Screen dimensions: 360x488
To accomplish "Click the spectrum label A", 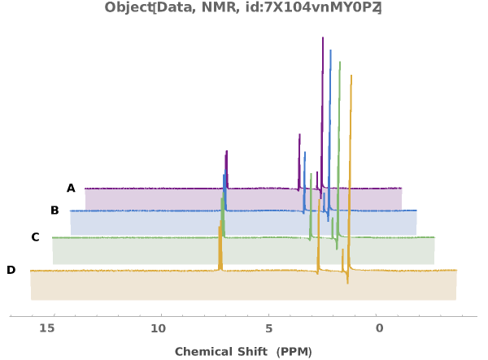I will pyautogui.click(x=71, y=189).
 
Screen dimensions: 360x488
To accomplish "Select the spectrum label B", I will pyautogui.click(x=54, y=210).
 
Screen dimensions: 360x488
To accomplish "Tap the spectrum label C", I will pyautogui.click(x=35, y=237).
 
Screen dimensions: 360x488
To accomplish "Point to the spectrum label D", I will pyautogui.click(x=11, y=270).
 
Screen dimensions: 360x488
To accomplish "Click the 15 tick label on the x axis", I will pyautogui.click(x=47, y=328).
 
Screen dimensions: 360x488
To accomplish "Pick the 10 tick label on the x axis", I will pyautogui.click(x=158, y=328).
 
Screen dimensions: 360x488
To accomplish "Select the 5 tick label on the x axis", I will pyautogui.click(x=268, y=328).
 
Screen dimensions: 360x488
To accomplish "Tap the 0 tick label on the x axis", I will pyautogui.click(x=379, y=328).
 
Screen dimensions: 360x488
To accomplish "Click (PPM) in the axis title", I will pyautogui.click(x=294, y=352).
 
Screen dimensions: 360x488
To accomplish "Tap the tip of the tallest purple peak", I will pyautogui.click(x=323, y=37).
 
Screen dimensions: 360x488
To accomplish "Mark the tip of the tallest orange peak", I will pyautogui.click(x=351, y=76).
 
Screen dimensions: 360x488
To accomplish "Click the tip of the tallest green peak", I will pyautogui.click(x=339, y=62).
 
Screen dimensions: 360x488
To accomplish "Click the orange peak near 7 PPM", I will pyautogui.click(x=220, y=228).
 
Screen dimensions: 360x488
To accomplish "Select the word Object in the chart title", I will pyautogui.click(x=127, y=8).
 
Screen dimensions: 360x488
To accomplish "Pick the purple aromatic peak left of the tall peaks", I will pyautogui.click(x=226, y=151).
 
